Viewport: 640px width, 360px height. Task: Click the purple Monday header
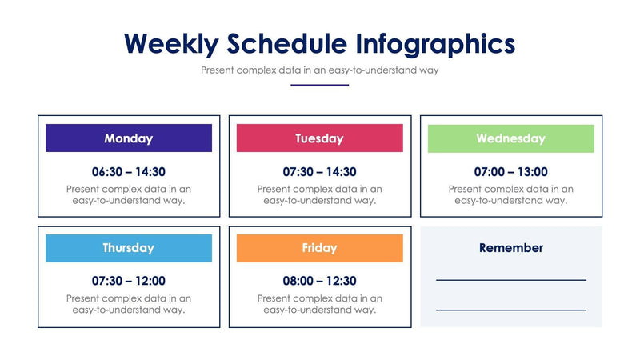coord(129,138)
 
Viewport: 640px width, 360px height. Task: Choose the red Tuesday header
coord(319,138)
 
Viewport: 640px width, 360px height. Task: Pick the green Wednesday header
coord(510,138)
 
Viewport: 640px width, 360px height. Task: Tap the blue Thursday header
coord(129,248)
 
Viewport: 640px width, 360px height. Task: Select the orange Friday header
coord(319,248)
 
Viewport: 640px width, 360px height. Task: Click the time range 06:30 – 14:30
coord(129,171)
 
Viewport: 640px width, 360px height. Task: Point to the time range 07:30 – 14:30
coord(319,171)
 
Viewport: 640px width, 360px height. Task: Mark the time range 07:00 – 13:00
coord(510,171)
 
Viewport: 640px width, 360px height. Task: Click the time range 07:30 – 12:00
coord(129,281)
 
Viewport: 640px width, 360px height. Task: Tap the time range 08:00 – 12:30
coord(319,281)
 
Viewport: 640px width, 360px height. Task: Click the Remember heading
coord(510,248)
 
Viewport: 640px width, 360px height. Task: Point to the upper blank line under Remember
coord(510,280)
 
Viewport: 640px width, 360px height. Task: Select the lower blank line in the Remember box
coord(510,310)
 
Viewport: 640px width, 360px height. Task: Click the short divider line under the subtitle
coord(319,85)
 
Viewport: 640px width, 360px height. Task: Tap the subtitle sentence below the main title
coord(319,70)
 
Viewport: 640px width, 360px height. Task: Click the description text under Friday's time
coord(319,304)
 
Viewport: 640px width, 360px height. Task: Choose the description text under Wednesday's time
coord(510,194)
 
